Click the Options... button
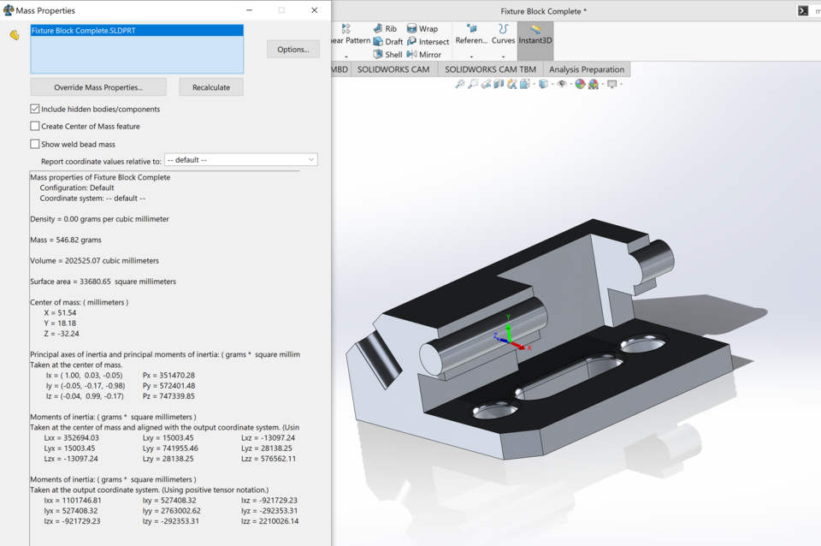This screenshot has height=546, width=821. pos(292,50)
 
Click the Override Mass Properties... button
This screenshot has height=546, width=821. pos(98,87)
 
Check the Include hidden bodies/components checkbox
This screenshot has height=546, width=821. pos(35,109)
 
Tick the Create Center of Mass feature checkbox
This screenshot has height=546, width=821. pos(35,126)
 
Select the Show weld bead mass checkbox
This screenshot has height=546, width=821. pos(35,144)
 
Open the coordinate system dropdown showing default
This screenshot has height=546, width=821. pos(240,160)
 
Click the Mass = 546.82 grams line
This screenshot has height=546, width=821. pos(66,240)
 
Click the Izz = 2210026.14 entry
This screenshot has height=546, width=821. pos(269,520)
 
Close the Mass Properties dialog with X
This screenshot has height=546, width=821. pos(314,10)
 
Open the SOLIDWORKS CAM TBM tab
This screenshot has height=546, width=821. pos(490,69)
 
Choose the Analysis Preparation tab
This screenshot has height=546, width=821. pos(587,69)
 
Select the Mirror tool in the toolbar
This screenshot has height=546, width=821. pos(424,54)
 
